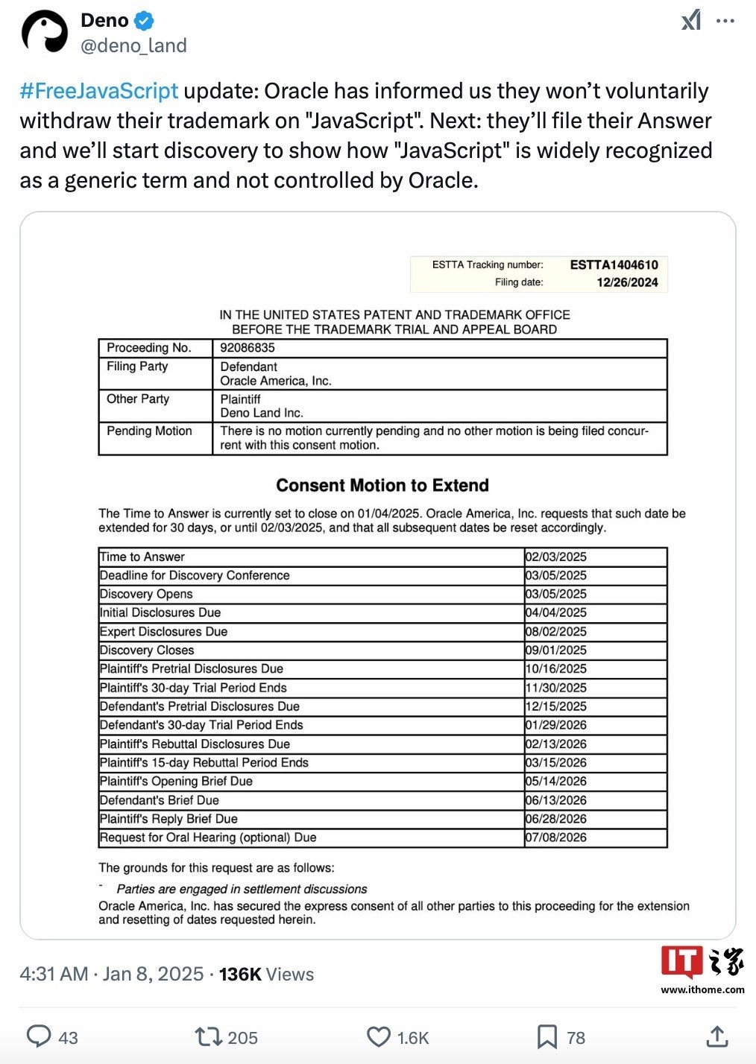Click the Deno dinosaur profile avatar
45,33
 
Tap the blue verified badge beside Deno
144,21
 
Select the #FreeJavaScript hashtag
99,91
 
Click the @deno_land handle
133,46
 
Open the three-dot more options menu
725,21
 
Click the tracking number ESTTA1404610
614,265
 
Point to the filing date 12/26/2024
627,282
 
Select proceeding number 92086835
248,348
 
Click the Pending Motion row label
149,431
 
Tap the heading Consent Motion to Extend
382,486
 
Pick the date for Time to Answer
556,557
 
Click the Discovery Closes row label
147,650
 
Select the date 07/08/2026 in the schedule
556,837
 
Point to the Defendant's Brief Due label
160,800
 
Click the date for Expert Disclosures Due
556,632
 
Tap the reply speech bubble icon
39,1036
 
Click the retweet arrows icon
207,1036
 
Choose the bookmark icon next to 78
547,1036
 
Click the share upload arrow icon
716,1036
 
